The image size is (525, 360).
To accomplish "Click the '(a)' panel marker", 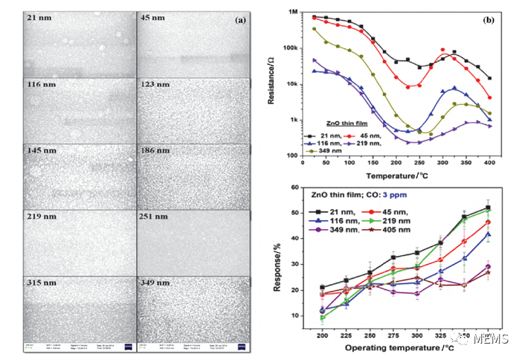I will point(242,19).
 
